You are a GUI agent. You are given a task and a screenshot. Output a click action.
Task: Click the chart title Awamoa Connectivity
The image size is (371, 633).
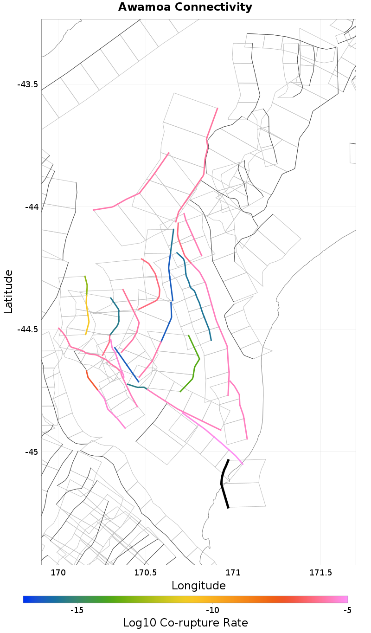click(x=185, y=7)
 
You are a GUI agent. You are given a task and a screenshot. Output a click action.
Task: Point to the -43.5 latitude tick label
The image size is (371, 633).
click(x=27, y=84)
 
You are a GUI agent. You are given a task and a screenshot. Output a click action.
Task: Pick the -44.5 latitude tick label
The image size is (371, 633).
click(x=27, y=329)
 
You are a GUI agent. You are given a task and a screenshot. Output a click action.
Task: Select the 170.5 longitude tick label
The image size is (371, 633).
click(x=146, y=573)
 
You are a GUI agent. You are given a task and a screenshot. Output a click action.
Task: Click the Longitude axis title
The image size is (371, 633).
click(x=198, y=586)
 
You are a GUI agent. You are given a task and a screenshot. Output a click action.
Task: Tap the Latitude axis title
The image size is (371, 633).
click(x=8, y=292)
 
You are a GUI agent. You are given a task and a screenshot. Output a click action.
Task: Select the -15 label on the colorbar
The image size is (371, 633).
click(x=77, y=610)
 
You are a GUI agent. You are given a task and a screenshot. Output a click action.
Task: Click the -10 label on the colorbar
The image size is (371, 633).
click(x=212, y=610)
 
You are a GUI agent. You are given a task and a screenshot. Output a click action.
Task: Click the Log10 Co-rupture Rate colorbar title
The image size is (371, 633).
click(x=185, y=623)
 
